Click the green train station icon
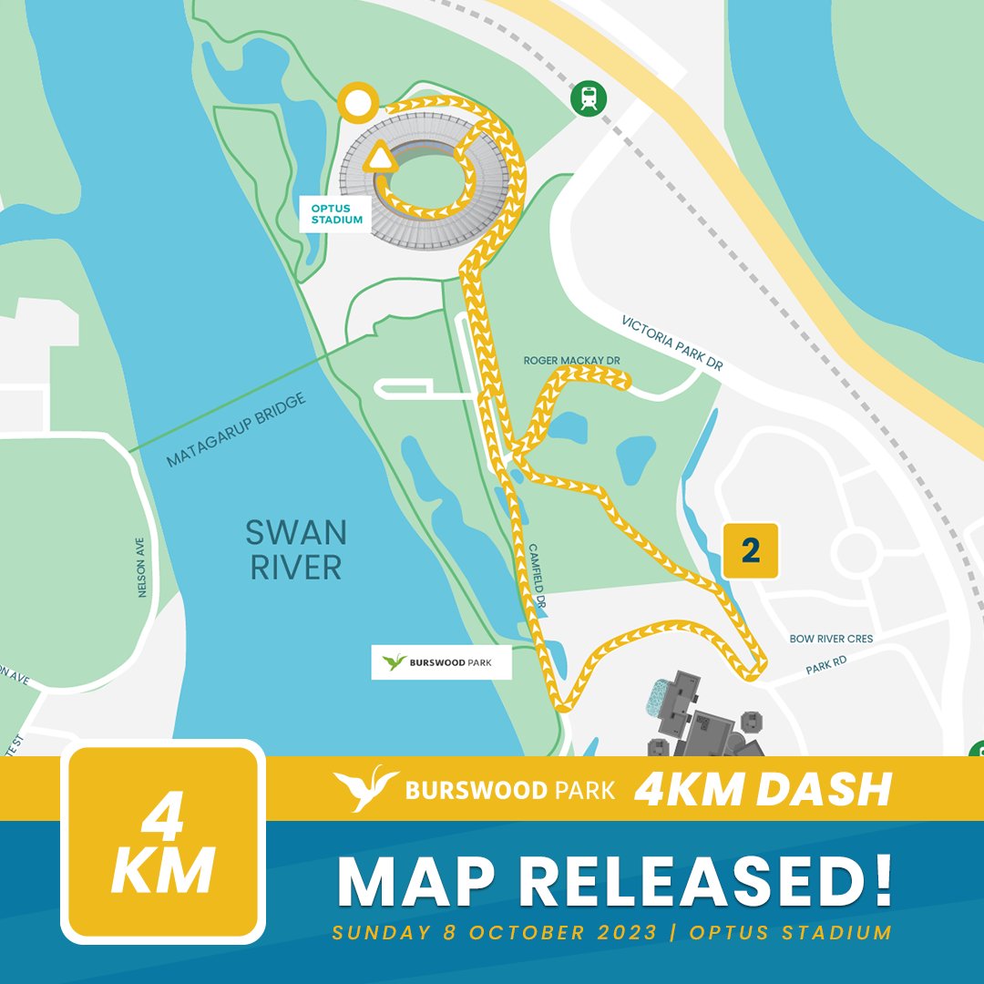coord(589,98)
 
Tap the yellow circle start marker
coord(356,102)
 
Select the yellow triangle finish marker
coord(380,159)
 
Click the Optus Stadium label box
coord(336,214)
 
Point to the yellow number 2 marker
coord(751,550)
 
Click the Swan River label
coord(296,549)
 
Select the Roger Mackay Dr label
coord(571,361)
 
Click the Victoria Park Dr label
coord(671,343)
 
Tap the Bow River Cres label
coord(832,640)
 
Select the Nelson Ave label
coord(141,566)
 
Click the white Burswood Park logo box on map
coord(441,662)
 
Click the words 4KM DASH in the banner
coord(762,789)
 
